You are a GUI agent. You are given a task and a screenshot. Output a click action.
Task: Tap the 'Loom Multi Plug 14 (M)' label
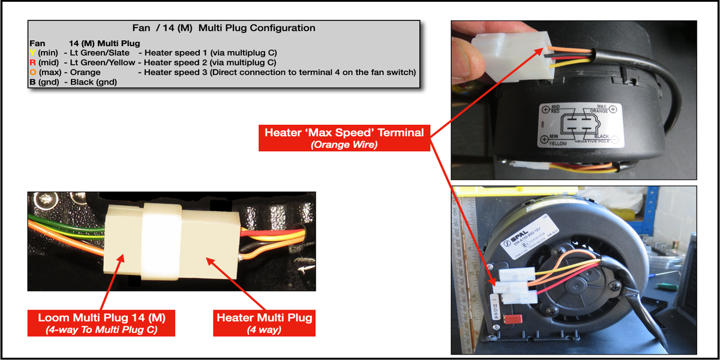click(x=101, y=322)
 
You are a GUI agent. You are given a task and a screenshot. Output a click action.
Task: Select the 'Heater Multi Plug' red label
click(x=264, y=322)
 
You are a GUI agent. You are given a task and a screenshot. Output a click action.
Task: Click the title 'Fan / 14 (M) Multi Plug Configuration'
click(x=223, y=28)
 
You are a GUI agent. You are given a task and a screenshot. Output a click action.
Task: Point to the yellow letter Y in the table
click(x=32, y=52)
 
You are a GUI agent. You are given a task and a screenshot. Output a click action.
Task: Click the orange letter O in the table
click(x=32, y=73)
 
